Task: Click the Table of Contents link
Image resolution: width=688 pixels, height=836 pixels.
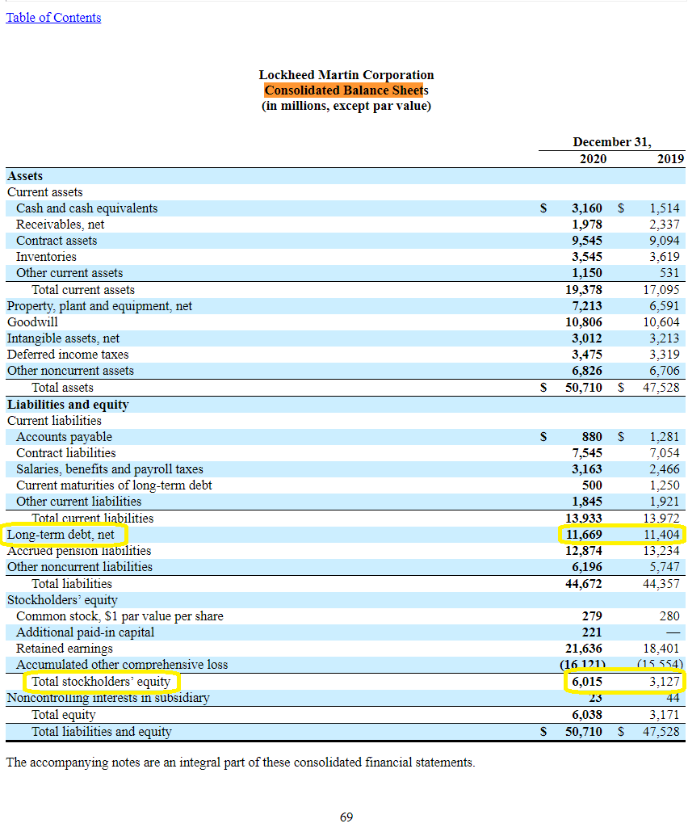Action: coord(53,17)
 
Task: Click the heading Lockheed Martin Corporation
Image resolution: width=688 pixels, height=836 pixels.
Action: coord(346,74)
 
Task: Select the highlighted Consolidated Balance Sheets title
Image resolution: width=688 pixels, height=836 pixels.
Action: coord(346,90)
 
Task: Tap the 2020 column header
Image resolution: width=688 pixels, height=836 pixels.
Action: coord(593,158)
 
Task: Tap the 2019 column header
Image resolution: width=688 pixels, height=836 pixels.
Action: coord(669,158)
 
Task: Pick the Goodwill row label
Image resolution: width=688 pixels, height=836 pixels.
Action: coord(32,321)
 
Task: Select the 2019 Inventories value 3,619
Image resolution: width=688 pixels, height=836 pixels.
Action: coord(664,257)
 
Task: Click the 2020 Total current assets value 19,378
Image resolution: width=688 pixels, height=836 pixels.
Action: coord(583,289)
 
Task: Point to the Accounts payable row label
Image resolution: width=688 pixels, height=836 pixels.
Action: coord(64,437)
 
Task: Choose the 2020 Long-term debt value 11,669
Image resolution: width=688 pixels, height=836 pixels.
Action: coord(583,534)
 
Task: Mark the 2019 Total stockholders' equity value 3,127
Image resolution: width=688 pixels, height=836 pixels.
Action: coord(665,682)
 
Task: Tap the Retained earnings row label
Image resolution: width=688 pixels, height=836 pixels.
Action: coord(65,649)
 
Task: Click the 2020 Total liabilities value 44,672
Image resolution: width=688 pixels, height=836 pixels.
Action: coord(583,583)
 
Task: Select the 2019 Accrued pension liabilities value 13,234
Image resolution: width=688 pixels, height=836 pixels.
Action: coord(661,551)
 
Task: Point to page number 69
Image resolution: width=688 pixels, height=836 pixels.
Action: coord(346,817)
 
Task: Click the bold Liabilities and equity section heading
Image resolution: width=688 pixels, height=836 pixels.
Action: coord(68,404)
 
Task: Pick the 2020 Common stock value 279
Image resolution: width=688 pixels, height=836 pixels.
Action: coord(591,616)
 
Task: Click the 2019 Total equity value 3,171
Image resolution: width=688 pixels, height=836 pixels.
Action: coord(665,714)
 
